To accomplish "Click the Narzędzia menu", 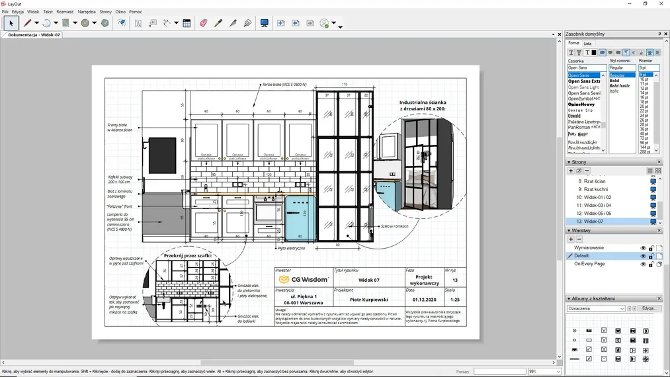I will [87, 12].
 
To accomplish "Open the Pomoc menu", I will [136, 12].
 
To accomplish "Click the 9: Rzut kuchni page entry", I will [593, 189].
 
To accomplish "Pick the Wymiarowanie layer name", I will [588, 247].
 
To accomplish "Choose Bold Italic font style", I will [620, 86].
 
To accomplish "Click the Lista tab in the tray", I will [587, 44].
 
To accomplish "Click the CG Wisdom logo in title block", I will [304, 280].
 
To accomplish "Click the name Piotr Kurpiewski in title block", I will [368, 300].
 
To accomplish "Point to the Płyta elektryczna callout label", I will [291, 249].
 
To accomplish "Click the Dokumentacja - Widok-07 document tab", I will [34, 34].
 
